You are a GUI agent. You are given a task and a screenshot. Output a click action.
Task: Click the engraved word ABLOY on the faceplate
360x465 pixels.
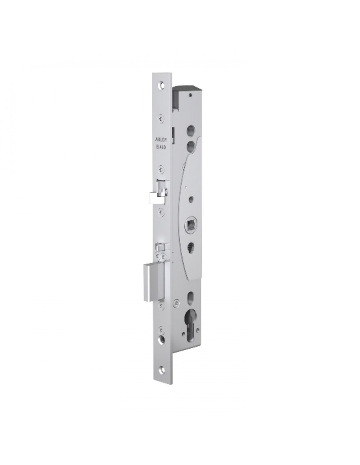point(161,140)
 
